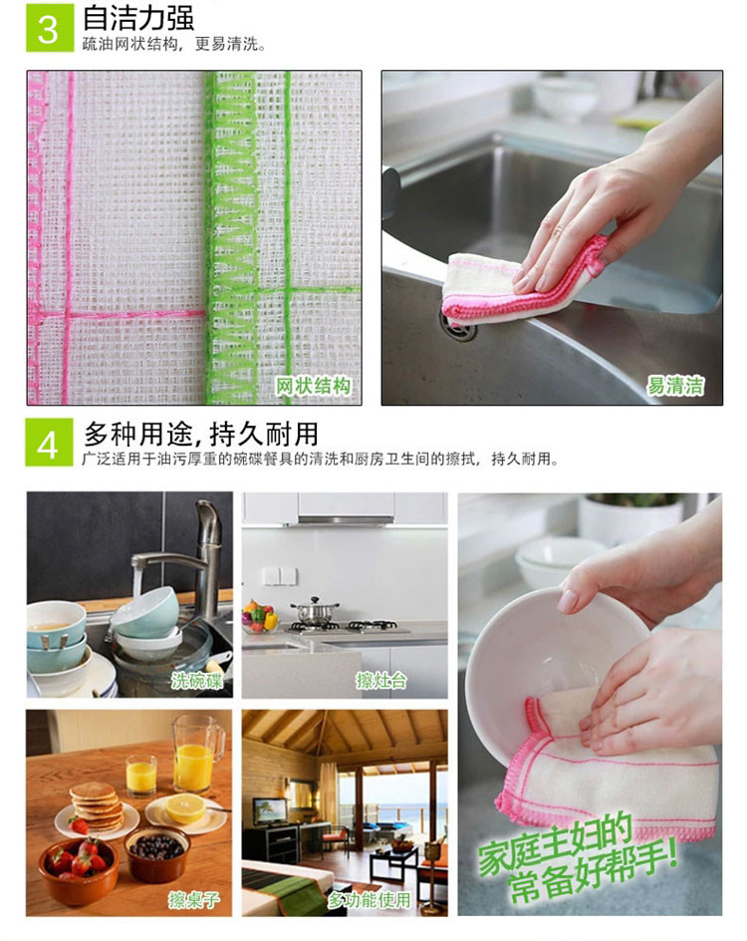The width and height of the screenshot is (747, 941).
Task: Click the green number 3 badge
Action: point(49,27)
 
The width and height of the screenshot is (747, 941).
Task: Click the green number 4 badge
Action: point(49,443)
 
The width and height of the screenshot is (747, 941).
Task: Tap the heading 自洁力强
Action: point(138,18)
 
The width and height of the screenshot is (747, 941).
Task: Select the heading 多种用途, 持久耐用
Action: point(200,433)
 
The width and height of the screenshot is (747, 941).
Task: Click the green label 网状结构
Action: point(313,386)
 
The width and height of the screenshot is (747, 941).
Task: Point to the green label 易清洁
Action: point(675,386)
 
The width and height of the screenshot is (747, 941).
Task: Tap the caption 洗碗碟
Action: point(196,680)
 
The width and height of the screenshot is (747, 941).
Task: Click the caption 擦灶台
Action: point(381,680)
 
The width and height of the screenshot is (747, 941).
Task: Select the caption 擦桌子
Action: point(194,899)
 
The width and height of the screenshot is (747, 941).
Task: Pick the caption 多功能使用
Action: point(369,899)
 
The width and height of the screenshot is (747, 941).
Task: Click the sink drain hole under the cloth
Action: point(458,328)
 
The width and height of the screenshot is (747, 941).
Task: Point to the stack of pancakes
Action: point(95,806)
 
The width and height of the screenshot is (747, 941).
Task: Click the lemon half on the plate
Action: point(185,808)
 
